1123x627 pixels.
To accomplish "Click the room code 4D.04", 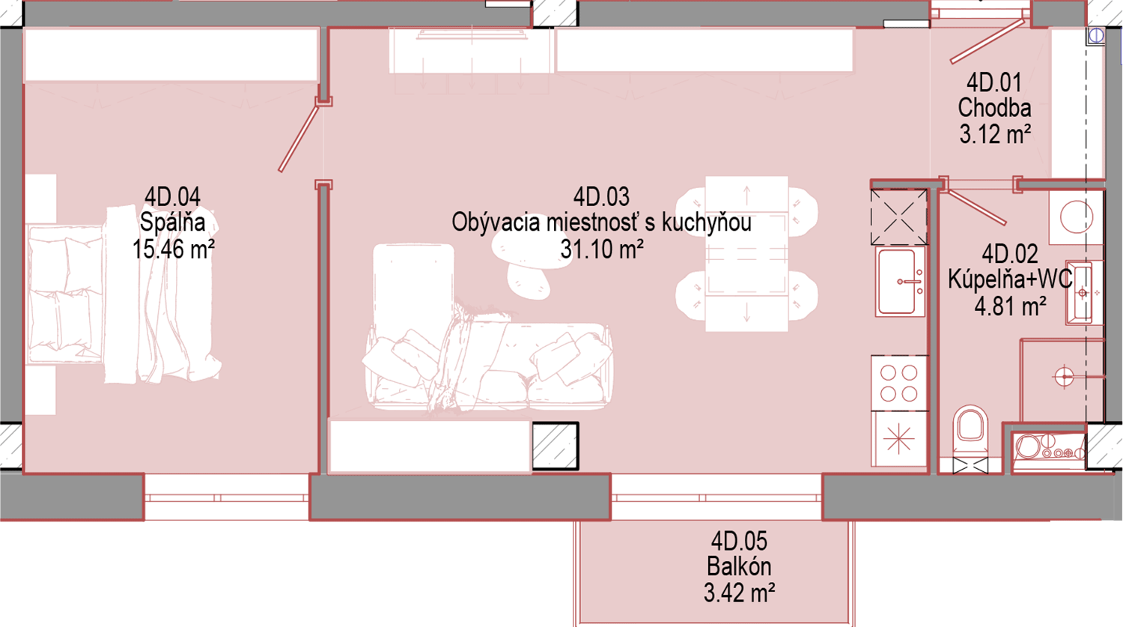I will coord(172,197).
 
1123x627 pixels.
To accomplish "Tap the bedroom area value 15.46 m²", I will coord(174,249).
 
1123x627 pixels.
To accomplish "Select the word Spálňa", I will coord(172,222).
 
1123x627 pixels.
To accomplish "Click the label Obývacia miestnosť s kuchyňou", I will coord(601,222).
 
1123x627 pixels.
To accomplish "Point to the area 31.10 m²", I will coord(602,249).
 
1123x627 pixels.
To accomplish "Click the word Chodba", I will coord(994,108).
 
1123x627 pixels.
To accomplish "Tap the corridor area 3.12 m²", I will coord(995,134).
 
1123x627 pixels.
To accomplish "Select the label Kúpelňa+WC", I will coord(1010,279).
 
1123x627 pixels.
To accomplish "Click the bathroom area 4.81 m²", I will coord(1010,306).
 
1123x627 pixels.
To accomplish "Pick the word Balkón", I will coord(739,566).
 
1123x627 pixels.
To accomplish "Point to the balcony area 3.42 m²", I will coord(739,593).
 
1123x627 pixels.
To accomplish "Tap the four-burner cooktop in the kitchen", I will coord(899,383).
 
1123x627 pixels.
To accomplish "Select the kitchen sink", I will coord(900,282).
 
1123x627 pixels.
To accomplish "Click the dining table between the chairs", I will coord(746,254).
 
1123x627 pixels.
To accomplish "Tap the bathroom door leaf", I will coord(976,206).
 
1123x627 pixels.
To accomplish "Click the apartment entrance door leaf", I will coord(987,41).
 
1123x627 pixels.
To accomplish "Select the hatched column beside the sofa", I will coord(555,446).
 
